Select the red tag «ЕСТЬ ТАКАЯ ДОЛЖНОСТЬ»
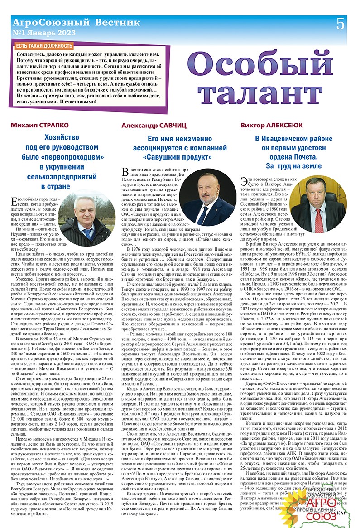click(x=44, y=46)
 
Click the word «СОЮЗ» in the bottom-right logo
click(x=323, y=517)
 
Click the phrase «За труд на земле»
click(x=293, y=166)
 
